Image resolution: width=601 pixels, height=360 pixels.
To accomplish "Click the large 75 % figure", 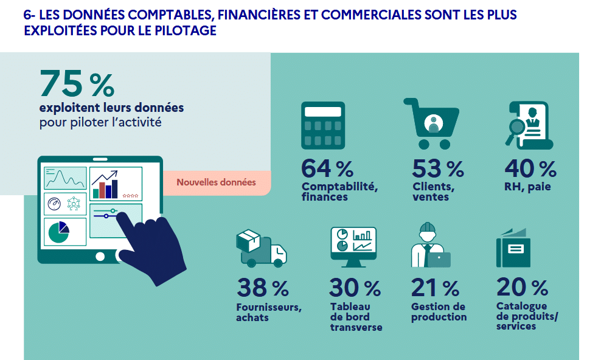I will (x=77, y=83).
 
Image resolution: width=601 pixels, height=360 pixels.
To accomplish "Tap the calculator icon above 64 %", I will (x=323, y=125).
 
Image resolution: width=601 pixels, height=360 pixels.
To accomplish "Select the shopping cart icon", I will (x=432, y=124).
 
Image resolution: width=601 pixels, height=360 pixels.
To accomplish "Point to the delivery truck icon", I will (x=262, y=249).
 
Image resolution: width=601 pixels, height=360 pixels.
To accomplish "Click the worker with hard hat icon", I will (x=428, y=246).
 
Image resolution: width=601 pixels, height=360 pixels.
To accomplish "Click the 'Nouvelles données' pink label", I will (x=216, y=182).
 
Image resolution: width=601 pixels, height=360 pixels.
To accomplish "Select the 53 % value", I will (x=437, y=168).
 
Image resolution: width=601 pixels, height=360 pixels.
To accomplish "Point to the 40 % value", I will (x=530, y=168).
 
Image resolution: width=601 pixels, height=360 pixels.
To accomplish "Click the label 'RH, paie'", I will (x=527, y=187).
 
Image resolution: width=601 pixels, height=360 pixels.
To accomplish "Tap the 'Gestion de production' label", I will (x=439, y=312).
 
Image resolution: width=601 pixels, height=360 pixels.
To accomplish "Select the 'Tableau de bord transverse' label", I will (x=356, y=317).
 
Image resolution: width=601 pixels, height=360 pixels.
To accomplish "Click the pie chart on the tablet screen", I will (x=59, y=232).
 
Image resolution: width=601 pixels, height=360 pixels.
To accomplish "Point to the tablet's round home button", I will (x=100, y=256).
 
